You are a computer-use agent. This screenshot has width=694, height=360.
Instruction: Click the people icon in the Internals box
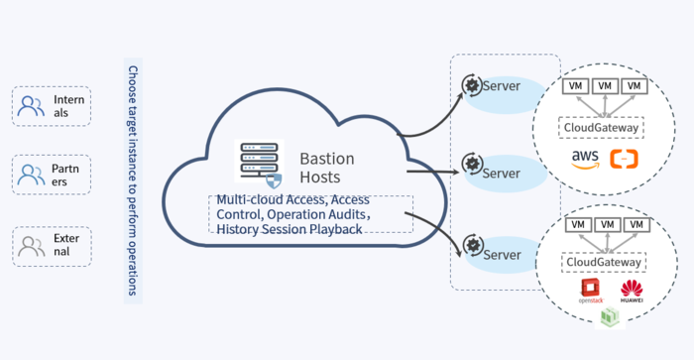click(x=31, y=105)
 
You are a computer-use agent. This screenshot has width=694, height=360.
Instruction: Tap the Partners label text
click(x=64, y=176)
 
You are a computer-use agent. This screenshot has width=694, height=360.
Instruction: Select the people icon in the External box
click(x=31, y=245)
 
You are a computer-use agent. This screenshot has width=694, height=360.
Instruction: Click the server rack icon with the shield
click(x=260, y=165)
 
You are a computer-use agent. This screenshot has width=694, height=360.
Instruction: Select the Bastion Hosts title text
click(x=327, y=168)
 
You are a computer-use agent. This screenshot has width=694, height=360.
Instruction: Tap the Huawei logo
click(x=632, y=291)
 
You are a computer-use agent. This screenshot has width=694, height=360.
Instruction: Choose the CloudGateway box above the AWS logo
click(x=602, y=128)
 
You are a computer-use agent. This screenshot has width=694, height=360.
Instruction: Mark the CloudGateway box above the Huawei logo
click(x=604, y=263)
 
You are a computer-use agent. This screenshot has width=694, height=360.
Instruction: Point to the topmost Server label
click(x=502, y=86)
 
